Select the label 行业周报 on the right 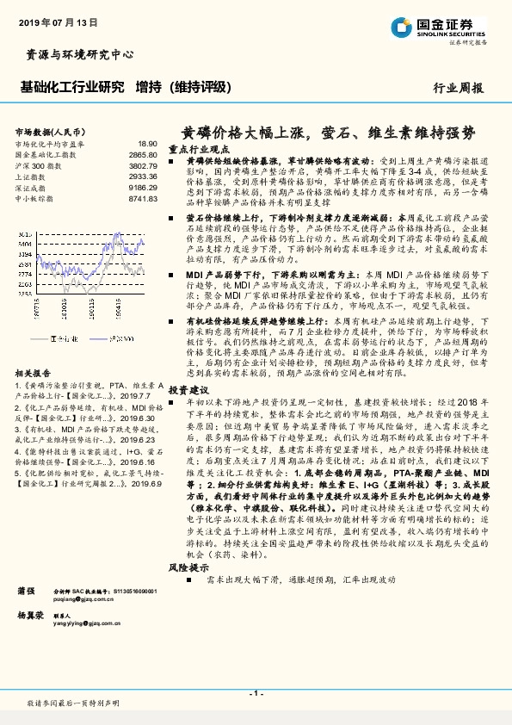coord(460,88)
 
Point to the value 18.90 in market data coord(147,144)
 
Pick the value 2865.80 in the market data coord(143,154)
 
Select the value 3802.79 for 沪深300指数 coord(143,165)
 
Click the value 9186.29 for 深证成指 coord(143,187)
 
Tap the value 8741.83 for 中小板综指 coord(143,198)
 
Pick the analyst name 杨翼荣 coord(30,617)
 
